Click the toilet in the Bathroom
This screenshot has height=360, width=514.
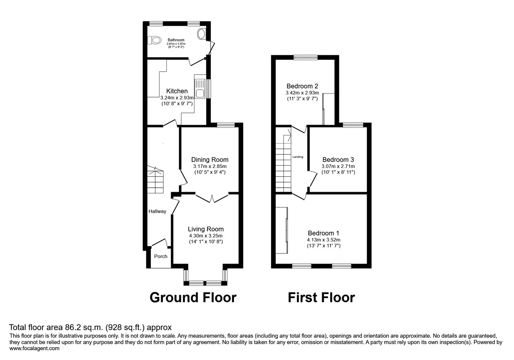(154, 40)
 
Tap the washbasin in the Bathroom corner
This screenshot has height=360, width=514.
(201, 34)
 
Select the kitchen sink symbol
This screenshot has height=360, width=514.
(200, 88)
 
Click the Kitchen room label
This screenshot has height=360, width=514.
(177, 91)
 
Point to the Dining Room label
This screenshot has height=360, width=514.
(210, 160)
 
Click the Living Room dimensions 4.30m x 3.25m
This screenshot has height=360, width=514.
(206, 236)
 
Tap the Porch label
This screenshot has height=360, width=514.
(161, 256)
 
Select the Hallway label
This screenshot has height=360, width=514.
(157, 211)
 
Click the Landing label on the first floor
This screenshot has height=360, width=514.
(297, 157)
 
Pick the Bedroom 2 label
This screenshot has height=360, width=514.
(302, 86)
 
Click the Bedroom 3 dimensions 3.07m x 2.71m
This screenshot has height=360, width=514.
(338, 166)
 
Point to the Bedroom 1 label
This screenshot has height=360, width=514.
(323, 233)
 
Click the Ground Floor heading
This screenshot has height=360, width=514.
(193, 297)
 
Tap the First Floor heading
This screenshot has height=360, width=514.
(321, 297)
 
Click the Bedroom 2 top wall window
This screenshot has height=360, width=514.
(305, 57)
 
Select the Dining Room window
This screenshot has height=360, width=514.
(226, 125)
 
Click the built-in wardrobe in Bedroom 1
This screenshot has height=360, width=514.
(282, 230)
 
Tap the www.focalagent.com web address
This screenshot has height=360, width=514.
(34, 348)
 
